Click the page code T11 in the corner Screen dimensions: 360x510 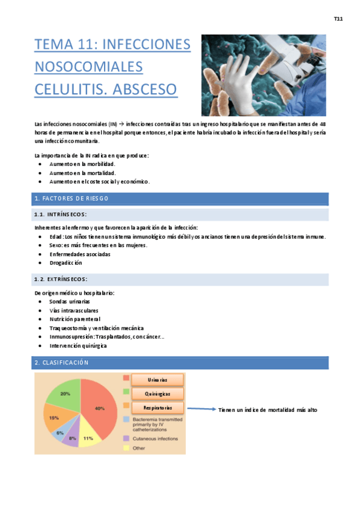coord(338,19)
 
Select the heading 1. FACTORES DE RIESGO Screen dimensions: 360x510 coord(72,198)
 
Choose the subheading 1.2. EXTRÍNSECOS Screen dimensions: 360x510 coord(61,279)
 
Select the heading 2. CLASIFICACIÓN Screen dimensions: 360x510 coord(62,363)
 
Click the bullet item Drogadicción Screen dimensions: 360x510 coord(66,263)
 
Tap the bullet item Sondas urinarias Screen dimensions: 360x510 coord(70,301)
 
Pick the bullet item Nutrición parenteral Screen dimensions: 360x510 coord(75,319)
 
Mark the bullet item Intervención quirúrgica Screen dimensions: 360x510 coord(78,346)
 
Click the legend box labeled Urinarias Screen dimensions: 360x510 coord(157,379)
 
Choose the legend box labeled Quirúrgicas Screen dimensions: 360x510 coord(157,394)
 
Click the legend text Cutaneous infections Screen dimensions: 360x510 coord(155,439)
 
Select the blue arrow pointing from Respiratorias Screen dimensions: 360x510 coord(201,409)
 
